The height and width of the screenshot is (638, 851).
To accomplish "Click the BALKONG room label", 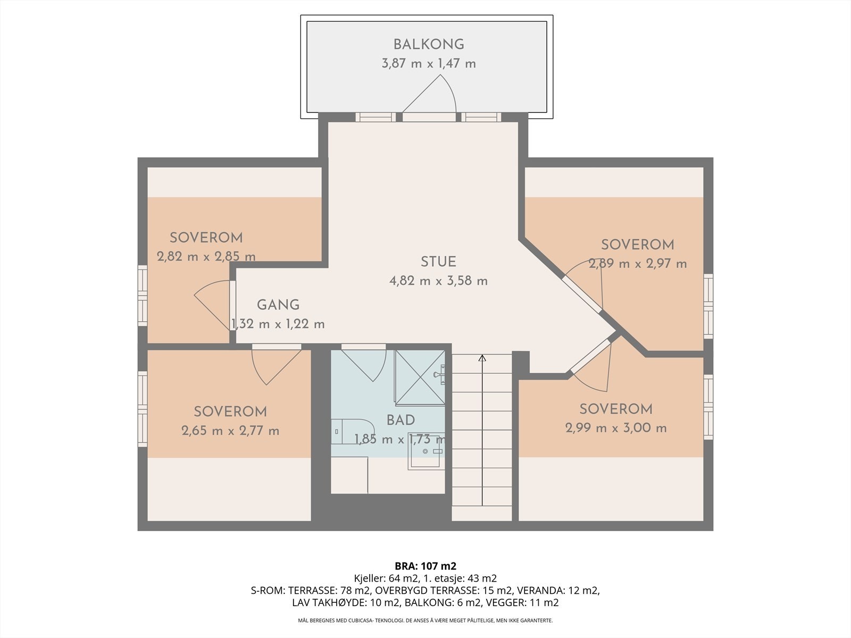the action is click(x=429, y=45).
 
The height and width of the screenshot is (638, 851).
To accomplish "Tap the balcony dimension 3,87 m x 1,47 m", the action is click(x=429, y=63).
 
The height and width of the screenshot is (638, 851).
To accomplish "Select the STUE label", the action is click(x=438, y=262).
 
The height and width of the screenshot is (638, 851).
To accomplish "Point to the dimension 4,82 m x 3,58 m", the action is click(x=438, y=281).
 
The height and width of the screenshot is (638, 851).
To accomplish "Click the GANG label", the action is click(x=278, y=305).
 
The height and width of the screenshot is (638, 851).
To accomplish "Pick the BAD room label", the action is click(x=401, y=421).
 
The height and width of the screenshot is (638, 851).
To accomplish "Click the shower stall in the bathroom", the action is click(x=420, y=377).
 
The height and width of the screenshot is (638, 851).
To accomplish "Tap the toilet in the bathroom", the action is click(x=353, y=431).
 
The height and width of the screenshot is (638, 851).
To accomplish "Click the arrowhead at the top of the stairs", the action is click(x=482, y=358).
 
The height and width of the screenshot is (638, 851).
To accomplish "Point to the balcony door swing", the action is click(x=429, y=94).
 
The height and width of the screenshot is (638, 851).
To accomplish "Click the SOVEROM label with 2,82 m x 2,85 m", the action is click(x=206, y=238).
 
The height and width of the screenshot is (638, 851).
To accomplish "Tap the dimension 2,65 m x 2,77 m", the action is click(x=230, y=431).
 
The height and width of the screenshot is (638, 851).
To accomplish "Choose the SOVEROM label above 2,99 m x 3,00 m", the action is click(x=616, y=409).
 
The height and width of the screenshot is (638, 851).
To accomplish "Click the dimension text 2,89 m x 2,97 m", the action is click(x=638, y=264).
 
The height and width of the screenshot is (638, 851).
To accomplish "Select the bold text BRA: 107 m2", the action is click(x=425, y=566).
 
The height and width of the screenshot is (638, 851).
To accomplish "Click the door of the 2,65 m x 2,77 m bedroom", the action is click(x=277, y=364).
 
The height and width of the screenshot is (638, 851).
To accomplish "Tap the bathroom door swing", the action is click(x=364, y=363).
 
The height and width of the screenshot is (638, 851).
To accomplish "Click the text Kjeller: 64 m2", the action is click(x=387, y=578).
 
